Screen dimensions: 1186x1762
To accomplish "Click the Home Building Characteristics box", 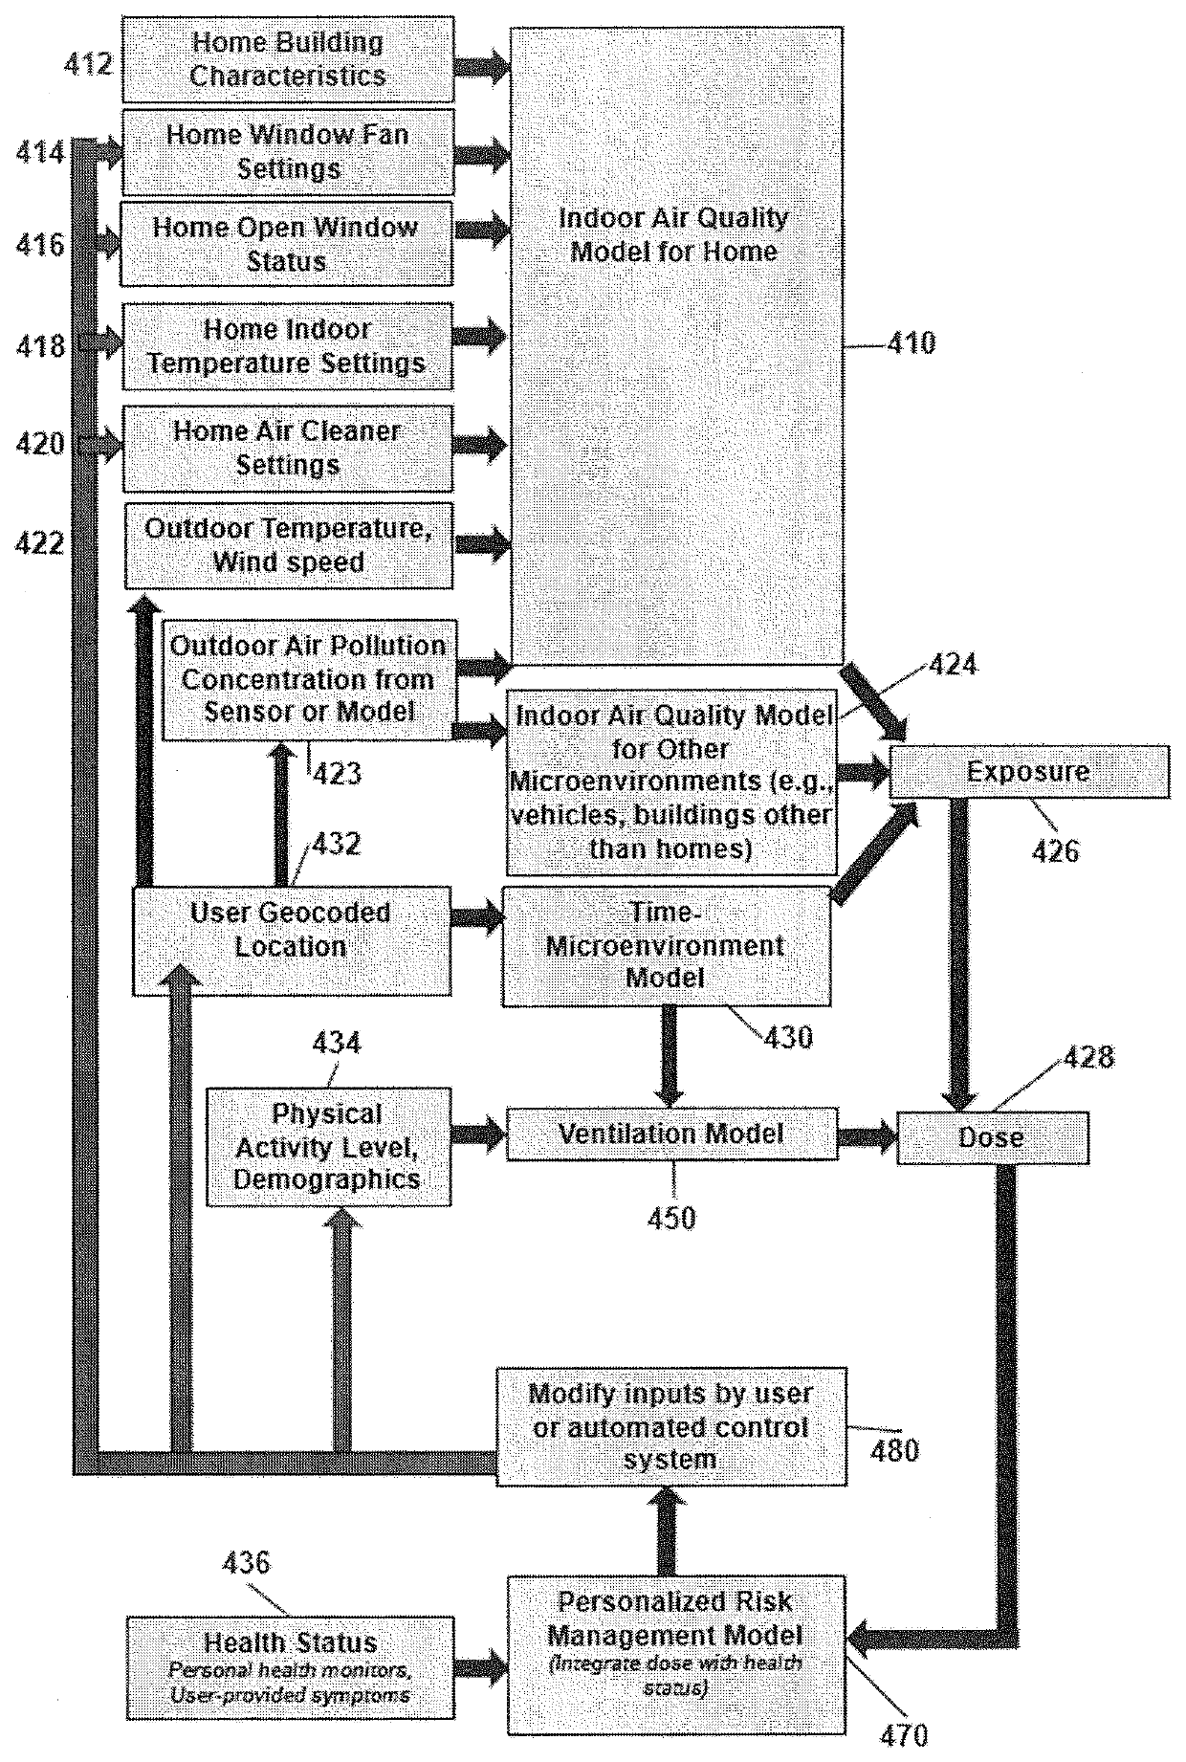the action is tap(288, 59).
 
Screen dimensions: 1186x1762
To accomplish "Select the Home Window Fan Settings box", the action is tap(288, 152).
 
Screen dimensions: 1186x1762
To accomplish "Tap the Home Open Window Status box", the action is tap(286, 244).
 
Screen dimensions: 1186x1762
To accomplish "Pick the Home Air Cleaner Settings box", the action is tap(288, 449).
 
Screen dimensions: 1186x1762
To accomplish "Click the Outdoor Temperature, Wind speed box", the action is tap(289, 545).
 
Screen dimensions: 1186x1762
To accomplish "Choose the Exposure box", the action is tap(1029, 772).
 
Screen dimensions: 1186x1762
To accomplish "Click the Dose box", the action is tap(993, 1137).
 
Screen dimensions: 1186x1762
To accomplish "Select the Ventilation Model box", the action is tap(672, 1134).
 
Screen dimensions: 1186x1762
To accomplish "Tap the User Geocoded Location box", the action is tap(291, 941).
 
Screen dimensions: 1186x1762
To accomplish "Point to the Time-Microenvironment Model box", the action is tap(667, 946).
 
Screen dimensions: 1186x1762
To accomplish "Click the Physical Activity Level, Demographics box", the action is tap(328, 1146).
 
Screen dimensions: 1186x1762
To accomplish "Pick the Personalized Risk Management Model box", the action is tap(676, 1655).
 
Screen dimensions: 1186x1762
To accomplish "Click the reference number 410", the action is tap(911, 343).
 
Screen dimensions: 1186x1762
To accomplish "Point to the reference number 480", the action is tap(894, 1450).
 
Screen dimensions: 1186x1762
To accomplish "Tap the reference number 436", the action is tap(247, 1563).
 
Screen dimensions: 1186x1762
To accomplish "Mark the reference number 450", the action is tap(672, 1218).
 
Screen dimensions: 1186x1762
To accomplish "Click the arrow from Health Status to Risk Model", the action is tap(481, 1669).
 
